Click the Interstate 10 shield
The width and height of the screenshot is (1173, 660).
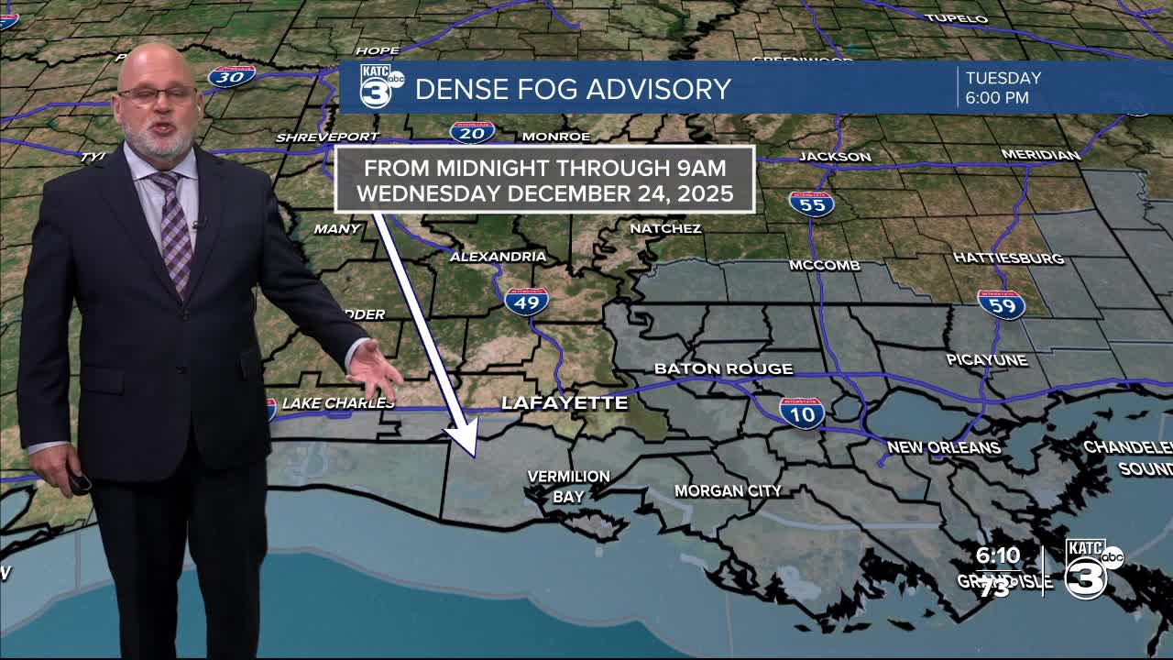pos(802,413)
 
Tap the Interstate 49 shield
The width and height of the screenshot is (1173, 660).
pos(526,302)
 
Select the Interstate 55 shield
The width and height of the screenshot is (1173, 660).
pos(811,203)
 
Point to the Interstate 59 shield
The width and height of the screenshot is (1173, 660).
pos(1001,303)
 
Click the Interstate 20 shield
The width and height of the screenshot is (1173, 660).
pos(472,132)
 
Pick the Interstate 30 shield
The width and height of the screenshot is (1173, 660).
pos(231,76)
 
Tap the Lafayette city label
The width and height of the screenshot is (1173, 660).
pos(565,402)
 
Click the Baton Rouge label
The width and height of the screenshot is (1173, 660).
pos(723,368)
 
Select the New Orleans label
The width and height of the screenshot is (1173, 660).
pos(944,447)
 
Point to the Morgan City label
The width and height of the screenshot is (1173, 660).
pos(728,491)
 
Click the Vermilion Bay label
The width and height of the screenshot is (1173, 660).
pos(568,486)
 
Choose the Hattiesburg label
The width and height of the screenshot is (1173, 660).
pos(1008,258)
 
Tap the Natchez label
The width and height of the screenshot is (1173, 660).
pos(665,228)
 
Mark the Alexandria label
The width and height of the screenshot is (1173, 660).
pos(498,257)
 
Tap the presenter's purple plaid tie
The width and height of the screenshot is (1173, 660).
pos(173,229)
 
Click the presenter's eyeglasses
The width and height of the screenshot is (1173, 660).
pos(158,93)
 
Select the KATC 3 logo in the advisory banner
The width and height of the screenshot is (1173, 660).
pos(380,87)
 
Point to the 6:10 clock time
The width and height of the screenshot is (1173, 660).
pos(997,555)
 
